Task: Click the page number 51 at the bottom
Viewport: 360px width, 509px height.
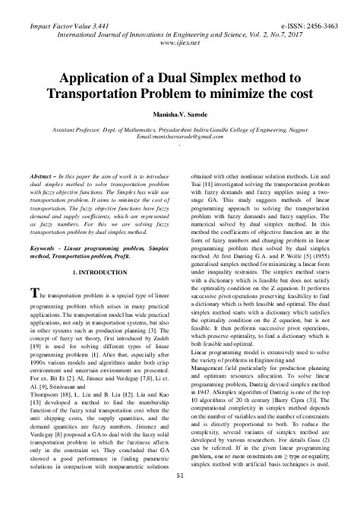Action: [180, 498]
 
